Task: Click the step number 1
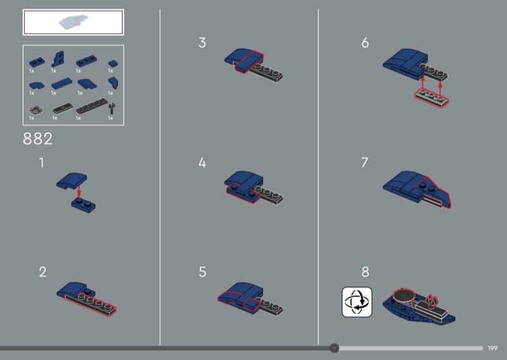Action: click(41, 163)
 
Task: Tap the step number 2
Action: click(42, 272)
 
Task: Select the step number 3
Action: click(202, 42)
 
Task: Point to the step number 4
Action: click(202, 163)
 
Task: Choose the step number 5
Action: click(202, 272)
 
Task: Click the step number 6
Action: click(365, 42)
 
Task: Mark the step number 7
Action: click(365, 163)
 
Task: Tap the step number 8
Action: click(366, 272)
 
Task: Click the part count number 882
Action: click(37, 139)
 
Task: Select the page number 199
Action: click(492, 349)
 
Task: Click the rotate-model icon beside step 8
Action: click(357, 302)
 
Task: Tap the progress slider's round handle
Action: click(335, 348)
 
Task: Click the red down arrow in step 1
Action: click(79, 192)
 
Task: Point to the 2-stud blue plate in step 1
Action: click(84, 205)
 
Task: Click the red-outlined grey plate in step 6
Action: click(432, 98)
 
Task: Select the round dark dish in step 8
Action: click(404, 295)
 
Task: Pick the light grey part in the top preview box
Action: click(74, 22)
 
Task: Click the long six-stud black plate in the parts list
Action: click(92, 106)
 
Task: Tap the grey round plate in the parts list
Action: click(35, 110)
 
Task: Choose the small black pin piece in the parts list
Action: click(112, 109)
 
